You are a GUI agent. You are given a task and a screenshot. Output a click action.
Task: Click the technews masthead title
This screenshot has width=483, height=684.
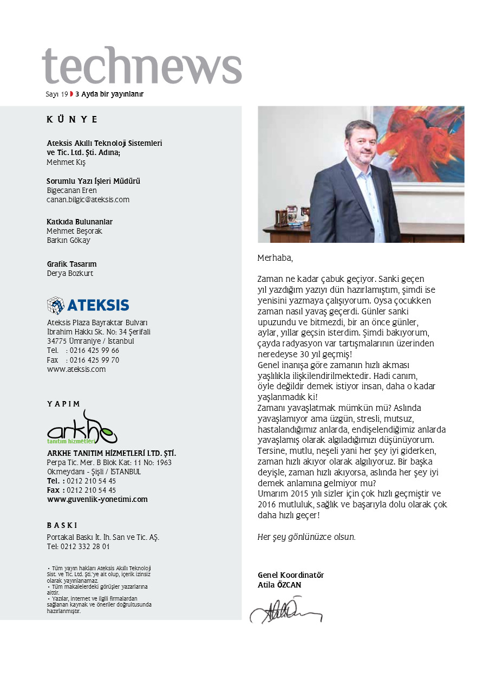pos(141,65)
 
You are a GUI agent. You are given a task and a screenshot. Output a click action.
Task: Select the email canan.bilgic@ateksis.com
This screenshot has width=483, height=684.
pos(88,199)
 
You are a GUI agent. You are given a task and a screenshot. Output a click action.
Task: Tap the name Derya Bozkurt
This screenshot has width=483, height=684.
pos(70,273)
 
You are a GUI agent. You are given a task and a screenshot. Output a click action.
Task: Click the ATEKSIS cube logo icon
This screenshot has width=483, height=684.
pos(55,305)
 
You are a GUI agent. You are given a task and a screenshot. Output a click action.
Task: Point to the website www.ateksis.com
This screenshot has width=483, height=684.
pos(76,369)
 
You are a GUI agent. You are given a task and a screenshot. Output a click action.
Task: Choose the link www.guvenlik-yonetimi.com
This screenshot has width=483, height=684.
pos(97,499)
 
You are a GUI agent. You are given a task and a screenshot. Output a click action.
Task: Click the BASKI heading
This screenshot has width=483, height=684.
pos(62,525)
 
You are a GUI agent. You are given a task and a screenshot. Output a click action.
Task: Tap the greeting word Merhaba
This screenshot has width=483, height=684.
pos(275,257)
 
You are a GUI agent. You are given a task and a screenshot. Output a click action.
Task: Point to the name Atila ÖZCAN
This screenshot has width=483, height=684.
pos(279,585)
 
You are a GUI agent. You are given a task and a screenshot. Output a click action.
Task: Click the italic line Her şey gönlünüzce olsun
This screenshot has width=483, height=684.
pos(306,537)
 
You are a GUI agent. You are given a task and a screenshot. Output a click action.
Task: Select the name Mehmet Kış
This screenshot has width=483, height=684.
pos(66,162)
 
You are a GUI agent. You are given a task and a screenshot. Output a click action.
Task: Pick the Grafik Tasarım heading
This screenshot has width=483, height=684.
pos(71,264)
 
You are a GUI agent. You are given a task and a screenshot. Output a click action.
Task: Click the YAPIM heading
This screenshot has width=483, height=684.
pos(63,404)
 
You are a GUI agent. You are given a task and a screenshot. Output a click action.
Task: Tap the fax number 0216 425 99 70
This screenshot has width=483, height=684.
pos(92,360)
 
